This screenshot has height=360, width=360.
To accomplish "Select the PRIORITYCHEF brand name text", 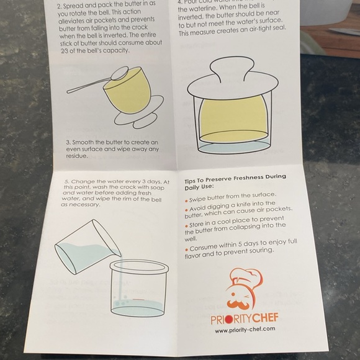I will pyautogui.click(x=244, y=318).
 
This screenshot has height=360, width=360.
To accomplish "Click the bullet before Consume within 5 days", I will pyautogui.click(x=187, y=248).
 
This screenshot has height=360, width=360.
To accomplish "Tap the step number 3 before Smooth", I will pyautogui.click(x=68, y=142).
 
